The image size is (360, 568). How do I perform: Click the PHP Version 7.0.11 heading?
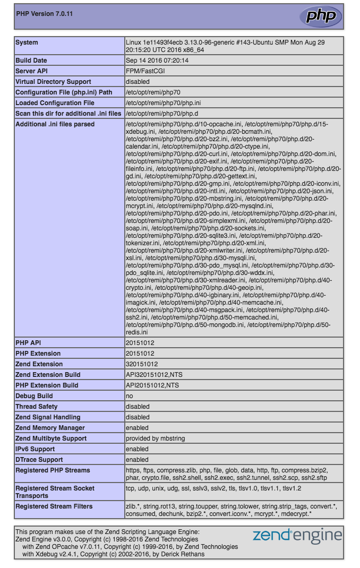45,14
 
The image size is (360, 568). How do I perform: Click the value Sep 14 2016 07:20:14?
157,61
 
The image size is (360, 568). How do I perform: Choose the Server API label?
32,71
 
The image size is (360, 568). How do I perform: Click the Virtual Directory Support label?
53,82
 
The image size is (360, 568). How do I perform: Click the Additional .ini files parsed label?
55,124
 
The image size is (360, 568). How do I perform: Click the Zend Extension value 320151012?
142,364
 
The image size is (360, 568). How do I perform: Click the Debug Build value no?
129,396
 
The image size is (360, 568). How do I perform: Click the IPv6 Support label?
35,449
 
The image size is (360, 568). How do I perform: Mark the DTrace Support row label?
39,460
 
